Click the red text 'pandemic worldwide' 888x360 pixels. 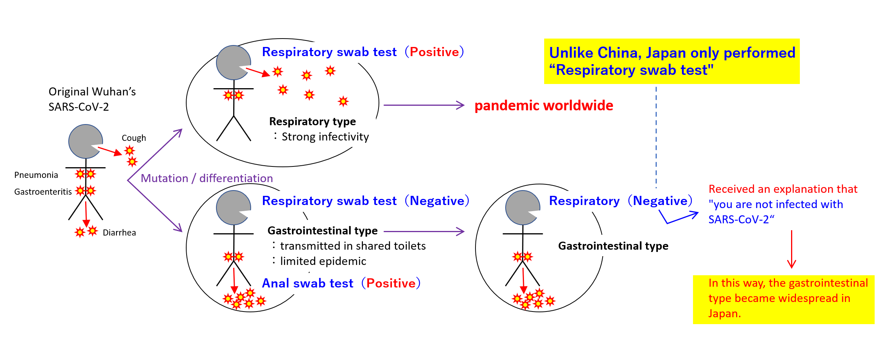click(x=543, y=106)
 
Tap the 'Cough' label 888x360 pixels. click(x=134, y=138)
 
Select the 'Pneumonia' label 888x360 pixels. click(x=36, y=175)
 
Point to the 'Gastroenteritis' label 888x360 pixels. click(x=43, y=192)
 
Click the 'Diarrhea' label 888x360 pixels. click(x=119, y=232)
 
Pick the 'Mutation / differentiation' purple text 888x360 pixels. click(x=206, y=178)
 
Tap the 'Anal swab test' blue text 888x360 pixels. click(x=308, y=283)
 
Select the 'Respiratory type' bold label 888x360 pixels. click(x=312, y=121)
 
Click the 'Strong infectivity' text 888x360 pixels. click(x=325, y=137)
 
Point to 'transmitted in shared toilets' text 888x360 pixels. click(x=353, y=246)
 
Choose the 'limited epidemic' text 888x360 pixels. click(x=323, y=261)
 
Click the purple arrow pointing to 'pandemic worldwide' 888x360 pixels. click(x=424, y=105)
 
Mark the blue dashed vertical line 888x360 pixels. click(x=656, y=137)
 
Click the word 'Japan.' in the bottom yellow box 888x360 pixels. click(x=724, y=313)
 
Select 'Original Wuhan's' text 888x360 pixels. click(x=92, y=92)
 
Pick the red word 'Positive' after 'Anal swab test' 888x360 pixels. click(x=391, y=283)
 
